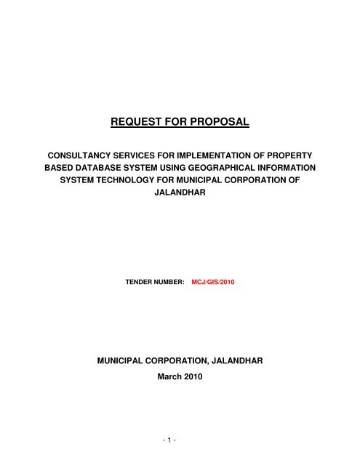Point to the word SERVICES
(x=137, y=155)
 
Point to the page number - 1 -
(x=180, y=442)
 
